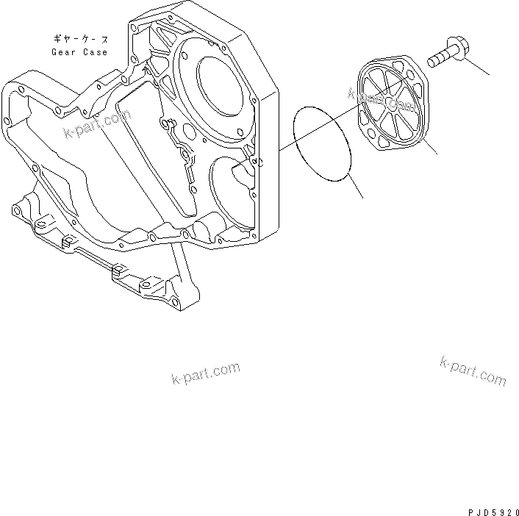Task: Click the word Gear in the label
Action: (63, 53)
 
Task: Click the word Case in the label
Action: (96, 53)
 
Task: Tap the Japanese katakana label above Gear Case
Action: (79, 37)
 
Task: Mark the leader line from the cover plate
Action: (429, 146)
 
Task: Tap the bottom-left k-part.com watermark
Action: (206, 373)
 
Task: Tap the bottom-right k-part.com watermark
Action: (473, 370)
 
